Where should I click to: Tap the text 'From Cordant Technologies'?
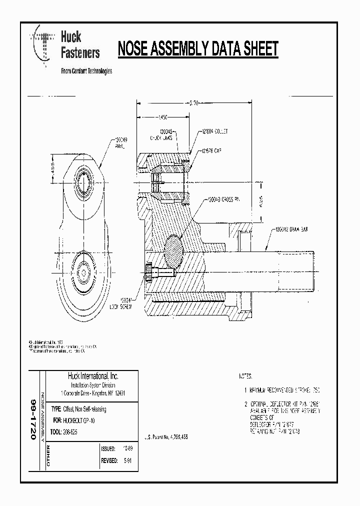pyautogui.click(x=86, y=71)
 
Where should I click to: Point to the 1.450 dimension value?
pyautogui.click(x=162, y=118)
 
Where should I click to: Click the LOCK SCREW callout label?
pyautogui.click(x=120, y=305)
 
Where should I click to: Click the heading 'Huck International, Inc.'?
pyautogui.click(x=93, y=375)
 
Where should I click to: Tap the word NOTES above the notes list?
pyautogui.click(x=245, y=375)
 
